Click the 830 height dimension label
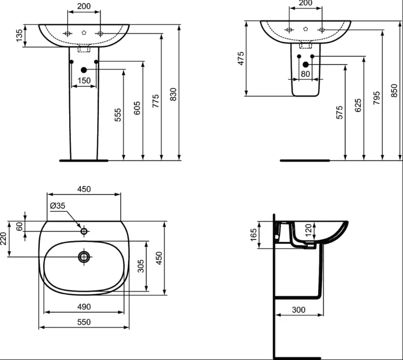point(174,94)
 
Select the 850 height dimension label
point(394,90)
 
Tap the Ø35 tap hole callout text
point(57,206)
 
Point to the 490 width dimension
point(84,307)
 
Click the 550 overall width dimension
point(84,322)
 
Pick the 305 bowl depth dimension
point(141,266)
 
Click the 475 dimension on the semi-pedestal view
point(241,58)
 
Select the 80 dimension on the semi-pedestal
point(305,74)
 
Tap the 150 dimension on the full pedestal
point(84,80)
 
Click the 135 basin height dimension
point(19,35)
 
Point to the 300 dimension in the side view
point(298,310)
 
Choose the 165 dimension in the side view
point(253,235)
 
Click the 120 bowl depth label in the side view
point(308,230)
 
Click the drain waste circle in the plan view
point(84,257)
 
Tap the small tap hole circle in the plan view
point(84,231)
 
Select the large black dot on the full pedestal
point(84,70)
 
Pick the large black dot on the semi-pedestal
point(306,64)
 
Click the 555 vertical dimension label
point(117,115)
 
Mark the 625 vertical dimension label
point(358,105)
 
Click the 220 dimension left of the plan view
point(3,238)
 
